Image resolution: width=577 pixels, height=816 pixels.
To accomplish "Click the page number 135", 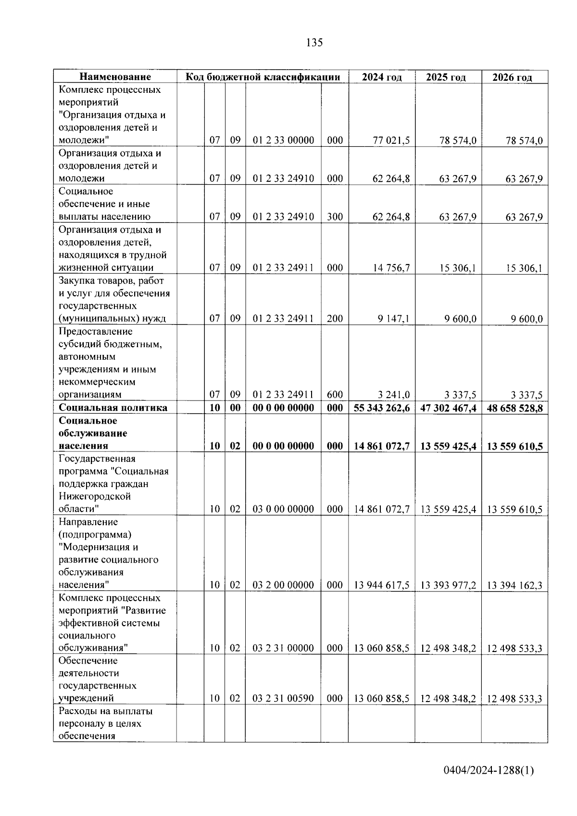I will point(314,43).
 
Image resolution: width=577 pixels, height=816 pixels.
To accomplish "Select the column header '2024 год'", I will point(381,77).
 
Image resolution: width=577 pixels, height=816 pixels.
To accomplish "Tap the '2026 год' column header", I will point(513,77).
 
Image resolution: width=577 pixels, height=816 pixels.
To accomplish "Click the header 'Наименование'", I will point(115,77).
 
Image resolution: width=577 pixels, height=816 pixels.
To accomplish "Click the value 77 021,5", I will point(391,140).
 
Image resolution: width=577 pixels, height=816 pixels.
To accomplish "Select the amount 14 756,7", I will point(391,268).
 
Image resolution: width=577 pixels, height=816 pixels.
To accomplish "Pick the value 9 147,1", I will point(394,318).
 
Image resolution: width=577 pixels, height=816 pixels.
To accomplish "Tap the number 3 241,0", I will point(394,395).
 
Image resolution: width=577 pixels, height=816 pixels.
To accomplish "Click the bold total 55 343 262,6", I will point(382,408).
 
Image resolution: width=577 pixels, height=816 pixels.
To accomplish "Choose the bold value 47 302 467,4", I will point(448,408).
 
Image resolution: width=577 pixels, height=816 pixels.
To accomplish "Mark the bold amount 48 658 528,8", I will point(514,408).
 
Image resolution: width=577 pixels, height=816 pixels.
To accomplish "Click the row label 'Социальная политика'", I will point(113,408).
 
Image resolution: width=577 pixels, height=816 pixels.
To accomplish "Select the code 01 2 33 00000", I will point(283,140).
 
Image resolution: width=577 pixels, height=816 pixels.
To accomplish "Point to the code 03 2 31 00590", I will point(283,699).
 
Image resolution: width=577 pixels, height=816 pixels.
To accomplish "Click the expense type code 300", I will point(335,217).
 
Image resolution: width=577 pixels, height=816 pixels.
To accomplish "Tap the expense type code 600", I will point(335,395).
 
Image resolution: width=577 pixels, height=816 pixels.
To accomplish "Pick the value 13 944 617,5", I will point(382,585).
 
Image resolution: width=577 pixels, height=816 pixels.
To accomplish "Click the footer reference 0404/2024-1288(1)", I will point(489,771).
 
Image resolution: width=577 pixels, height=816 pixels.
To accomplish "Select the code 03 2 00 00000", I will point(283,585).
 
